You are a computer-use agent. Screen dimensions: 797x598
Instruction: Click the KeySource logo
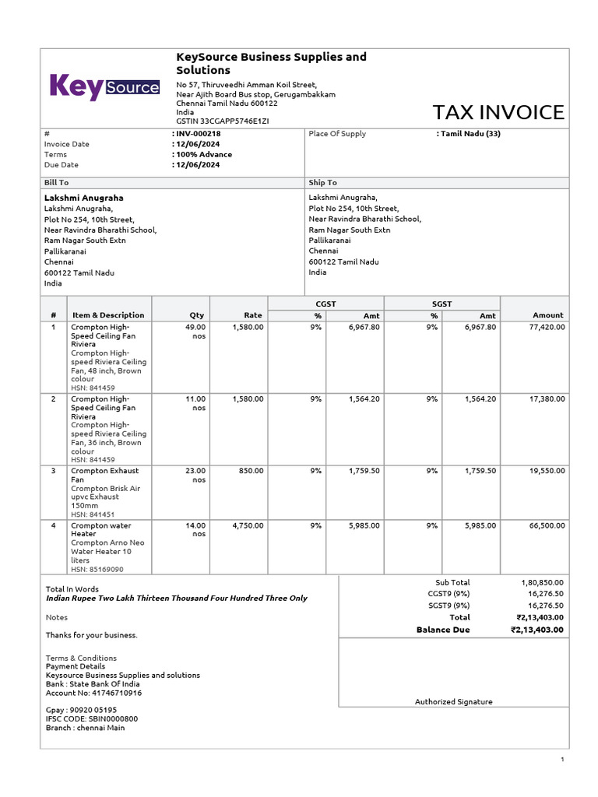tap(104, 87)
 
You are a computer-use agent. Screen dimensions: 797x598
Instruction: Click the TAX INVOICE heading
tap(498, 112)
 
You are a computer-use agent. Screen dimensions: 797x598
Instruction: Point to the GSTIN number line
tap(223, 121)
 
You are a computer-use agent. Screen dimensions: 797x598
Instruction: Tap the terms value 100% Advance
tap(204, 154)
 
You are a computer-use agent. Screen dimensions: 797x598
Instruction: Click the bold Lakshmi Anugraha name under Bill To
tap(83, 198)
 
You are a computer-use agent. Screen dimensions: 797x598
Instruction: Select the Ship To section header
tap(322, 182)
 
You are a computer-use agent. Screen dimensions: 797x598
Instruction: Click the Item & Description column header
tap(108, 315)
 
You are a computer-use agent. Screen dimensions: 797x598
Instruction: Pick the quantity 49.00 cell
tap(195, 328)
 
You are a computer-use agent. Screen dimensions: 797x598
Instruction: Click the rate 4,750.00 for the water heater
tap(248, 525)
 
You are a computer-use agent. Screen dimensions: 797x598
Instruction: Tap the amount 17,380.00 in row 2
tap(547, 398)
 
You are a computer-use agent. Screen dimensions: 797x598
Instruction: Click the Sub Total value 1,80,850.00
tap(542, 582)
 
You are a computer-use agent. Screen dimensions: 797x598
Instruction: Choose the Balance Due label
tap(443, 630)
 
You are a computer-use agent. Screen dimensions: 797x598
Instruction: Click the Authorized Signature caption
tap(453, 701)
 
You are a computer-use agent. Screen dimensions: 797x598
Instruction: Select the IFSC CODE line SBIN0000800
tap(91, 718)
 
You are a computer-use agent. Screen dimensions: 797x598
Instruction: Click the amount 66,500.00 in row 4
tap(547, 525)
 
